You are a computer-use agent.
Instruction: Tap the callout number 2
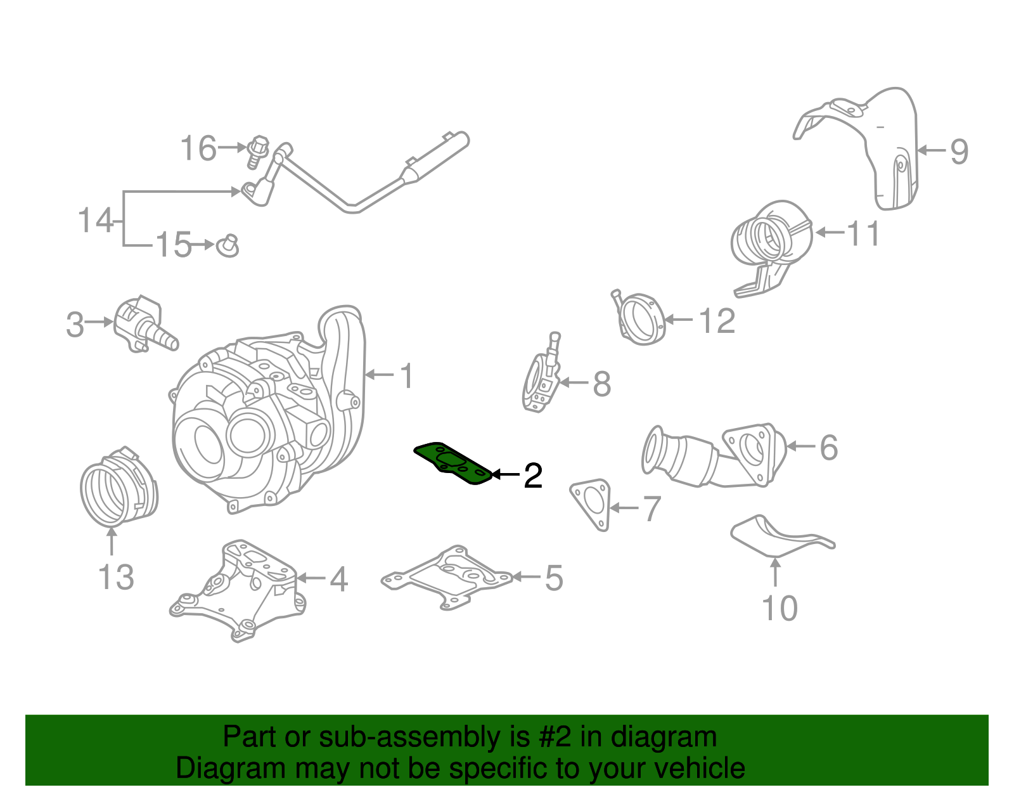pyautogui.click(x=533, y=476)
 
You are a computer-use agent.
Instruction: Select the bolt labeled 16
pyautogui.click(x=257, y=151)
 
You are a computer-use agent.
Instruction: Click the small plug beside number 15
pyautogui.click(x=228, y=246)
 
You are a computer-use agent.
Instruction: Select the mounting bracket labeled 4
pyautogui.click(x=238, y=590)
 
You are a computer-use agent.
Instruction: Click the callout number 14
pyautogui.click(x=95, y=220)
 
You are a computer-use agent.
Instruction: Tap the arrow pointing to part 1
pyautogui.click(x=380, y=374)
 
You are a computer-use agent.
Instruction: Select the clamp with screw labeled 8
pyautogui.click(x=542, y=372)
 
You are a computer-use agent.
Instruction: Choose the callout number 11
pyautogui.click(x=863, y=233)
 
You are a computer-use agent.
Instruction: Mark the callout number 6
pyautogui.click(x=829, y=447)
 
